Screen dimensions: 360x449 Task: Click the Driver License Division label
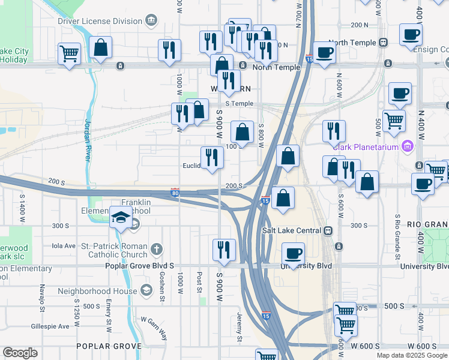tap(100, 21)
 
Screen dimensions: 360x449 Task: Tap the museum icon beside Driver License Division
tap(151, 21)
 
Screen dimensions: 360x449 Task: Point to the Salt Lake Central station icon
tap(328, 230)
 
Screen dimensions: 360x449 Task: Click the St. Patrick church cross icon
tap(157, 249)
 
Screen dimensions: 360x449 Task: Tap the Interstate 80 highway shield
tap(175, 192)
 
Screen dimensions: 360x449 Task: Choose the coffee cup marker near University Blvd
tap(292, 253)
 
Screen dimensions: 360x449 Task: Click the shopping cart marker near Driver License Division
tap(70, 53)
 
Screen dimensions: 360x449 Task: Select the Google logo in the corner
tap(20, 353)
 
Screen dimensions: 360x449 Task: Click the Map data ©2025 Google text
tap(411, 355)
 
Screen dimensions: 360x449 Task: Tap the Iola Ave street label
tap(64, 245)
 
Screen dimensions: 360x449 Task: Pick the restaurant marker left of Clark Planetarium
tap(334, 131)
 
